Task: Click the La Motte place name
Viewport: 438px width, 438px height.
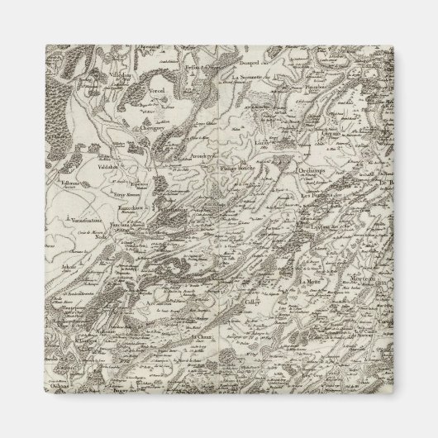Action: click(x=311, y=283)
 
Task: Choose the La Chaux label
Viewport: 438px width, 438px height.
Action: click(x=203, y=337)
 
